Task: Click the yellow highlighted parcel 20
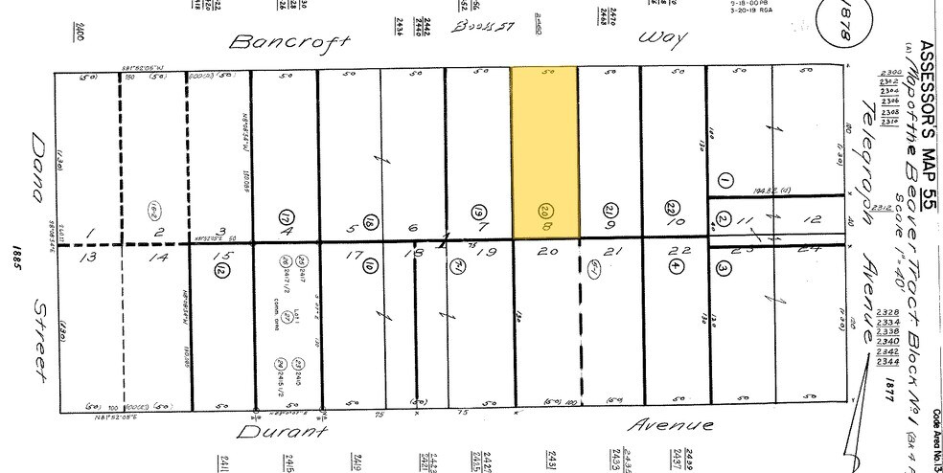[x=544, y=153]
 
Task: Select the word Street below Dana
[x=39, y=338]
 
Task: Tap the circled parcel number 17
[x=285, y=216]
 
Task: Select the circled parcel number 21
[x=609, y=211]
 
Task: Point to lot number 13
[x=91, y=257]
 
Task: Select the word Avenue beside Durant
[x=671, y=424]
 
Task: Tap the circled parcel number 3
[x=724, y=268]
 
